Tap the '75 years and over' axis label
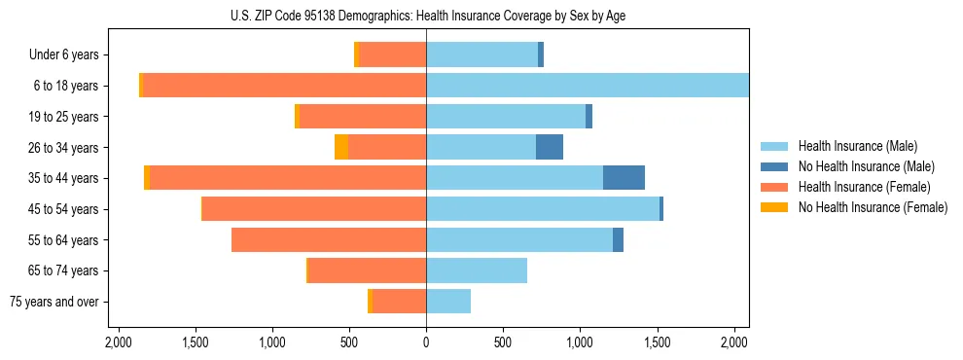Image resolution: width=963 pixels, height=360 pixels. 54,302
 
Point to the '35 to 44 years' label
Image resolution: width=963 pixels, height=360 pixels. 64,178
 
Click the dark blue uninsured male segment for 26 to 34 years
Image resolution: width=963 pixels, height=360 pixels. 550,147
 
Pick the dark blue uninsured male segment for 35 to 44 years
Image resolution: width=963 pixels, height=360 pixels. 624,178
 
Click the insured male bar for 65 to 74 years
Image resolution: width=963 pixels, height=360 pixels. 477,270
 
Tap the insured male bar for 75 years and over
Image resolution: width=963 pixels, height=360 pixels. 448,302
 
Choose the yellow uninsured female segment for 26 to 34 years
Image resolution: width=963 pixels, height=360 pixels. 341,147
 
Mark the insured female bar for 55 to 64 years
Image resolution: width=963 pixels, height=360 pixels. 329,239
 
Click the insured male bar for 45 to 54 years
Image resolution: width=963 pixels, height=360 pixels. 543,209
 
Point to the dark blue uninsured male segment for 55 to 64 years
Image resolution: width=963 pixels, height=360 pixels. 618,239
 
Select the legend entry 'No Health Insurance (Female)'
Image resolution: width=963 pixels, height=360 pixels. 873,207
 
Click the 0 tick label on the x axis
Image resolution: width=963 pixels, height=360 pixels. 426,342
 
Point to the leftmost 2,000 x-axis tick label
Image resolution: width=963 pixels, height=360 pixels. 118,342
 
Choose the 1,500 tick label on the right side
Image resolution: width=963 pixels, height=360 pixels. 657,342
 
